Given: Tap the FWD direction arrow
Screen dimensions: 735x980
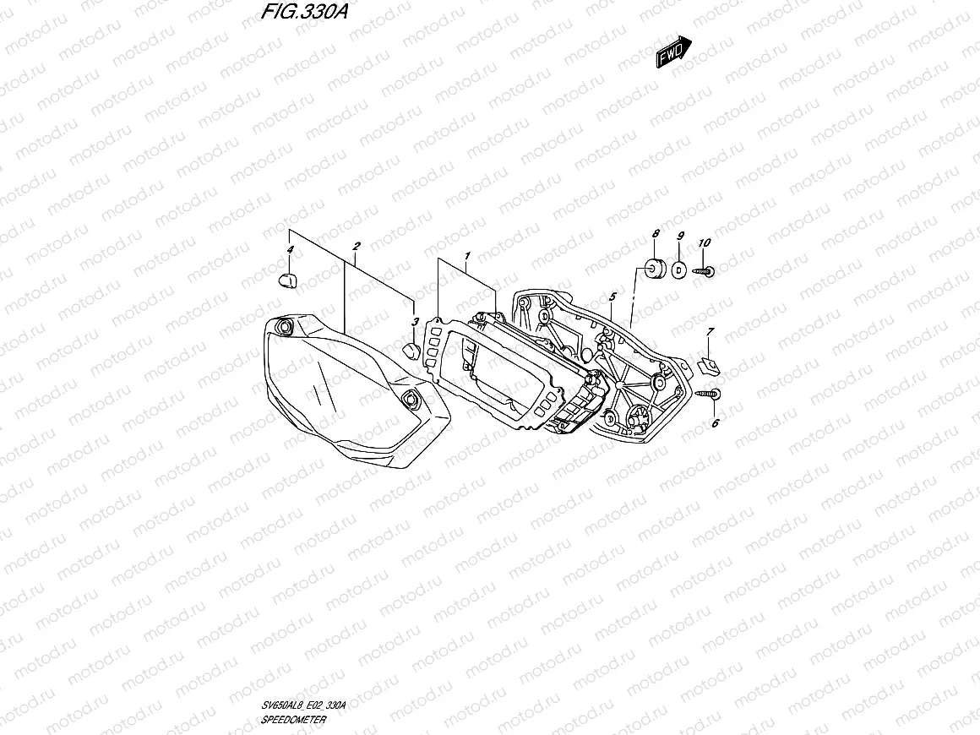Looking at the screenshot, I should (x=675, y=52).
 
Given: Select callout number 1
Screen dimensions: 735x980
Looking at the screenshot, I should (x=465, y=254).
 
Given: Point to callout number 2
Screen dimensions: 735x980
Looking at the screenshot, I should (x=357, y=246).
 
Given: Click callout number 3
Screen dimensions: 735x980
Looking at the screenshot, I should (x=415, y=322).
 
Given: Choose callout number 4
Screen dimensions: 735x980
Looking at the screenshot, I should (x=291, y=250).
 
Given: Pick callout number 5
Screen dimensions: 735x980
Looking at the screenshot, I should (x=612, y=297).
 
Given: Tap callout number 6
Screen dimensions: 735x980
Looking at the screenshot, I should (x=715, y=423).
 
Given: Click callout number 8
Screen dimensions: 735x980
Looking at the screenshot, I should (x=655, y=233).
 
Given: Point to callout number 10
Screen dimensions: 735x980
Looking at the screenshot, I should (x=705, y=242).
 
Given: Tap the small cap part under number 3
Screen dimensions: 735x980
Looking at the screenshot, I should (x=411, y=349).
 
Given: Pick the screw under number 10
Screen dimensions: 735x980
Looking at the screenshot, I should (x=705, y=271).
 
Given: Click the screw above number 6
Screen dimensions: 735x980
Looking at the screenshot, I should (x=709, y=393).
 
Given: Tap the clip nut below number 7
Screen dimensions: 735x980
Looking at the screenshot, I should (x=710, y=365).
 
